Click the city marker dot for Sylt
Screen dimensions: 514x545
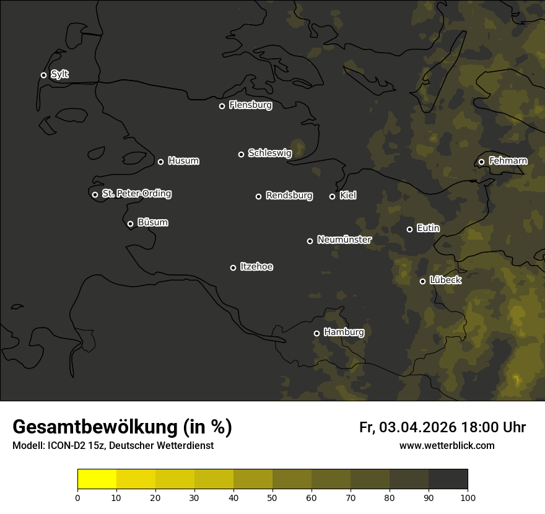pos(43,76)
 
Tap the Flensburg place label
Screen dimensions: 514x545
pos(250,105)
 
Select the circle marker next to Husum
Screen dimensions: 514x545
pos(160,162)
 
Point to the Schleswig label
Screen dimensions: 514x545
pos(269,153)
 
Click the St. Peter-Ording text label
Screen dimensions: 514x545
pos(136,194)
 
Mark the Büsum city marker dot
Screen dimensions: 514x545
pos(130,224)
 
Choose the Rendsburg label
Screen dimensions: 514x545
pos(289,196)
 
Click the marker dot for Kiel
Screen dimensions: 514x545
pos(332,196)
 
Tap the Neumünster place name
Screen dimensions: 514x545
pos(344,240)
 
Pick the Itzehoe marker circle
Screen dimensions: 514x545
pos(233,268)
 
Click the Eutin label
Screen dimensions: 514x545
pos(428,229)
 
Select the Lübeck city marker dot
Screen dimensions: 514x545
pos(422,281)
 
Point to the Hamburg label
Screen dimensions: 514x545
pos(344,333)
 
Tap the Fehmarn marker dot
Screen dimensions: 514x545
pos(481,162)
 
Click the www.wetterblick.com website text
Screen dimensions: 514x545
pos(447,445)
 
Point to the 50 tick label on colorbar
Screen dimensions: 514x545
pos(272,497)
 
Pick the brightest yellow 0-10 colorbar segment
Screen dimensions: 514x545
pos(97,479)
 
